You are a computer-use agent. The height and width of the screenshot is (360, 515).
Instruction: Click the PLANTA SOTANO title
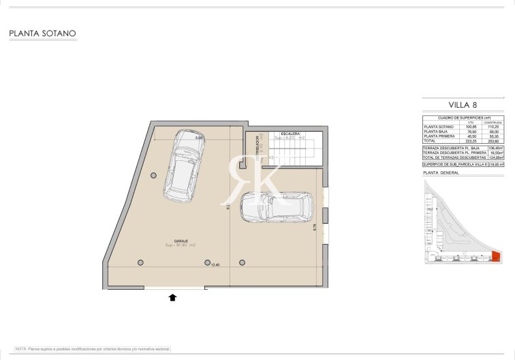coord(42,33)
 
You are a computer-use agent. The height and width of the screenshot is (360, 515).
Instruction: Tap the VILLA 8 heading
coord(463,105)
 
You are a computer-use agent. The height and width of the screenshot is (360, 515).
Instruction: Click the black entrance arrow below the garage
coord(172,297)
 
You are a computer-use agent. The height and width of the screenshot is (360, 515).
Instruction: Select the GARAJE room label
coord(181,241)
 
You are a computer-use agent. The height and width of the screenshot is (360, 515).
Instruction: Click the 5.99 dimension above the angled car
coord(199,138)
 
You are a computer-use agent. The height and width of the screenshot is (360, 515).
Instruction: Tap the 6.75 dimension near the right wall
coord(314,227)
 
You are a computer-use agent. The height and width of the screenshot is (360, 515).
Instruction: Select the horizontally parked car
coord(277,206)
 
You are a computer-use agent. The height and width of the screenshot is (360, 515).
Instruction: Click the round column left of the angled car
coord(153,175)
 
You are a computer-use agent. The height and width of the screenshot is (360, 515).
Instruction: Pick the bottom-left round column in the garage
coord(140,262)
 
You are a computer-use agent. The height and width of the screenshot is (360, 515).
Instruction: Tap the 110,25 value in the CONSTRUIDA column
coord(493,127)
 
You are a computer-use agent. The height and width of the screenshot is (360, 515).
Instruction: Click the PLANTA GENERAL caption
coord(441,173)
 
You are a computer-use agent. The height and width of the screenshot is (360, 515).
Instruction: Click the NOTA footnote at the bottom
coord(93,348)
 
